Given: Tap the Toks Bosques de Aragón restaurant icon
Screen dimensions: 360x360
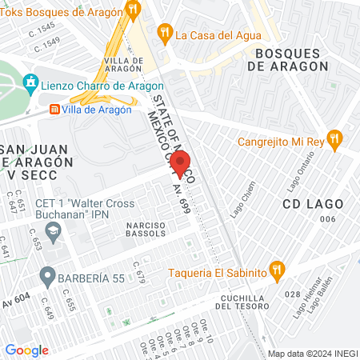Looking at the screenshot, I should pyautogui.click(x=133, y=10).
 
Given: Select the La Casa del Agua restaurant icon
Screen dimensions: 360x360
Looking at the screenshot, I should pyautogui.click(x=165, y=34).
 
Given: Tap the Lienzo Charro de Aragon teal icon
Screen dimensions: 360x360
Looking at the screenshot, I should pyautogui.click(x=31, y=82).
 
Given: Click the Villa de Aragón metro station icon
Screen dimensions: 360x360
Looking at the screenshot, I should pyautogui.click(x=54, y=110).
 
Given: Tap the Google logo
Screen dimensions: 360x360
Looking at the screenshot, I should pyautogui.click(x=26, y=350).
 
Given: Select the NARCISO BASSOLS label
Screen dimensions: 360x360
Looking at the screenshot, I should pyautogui.click(x=145, y=229).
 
